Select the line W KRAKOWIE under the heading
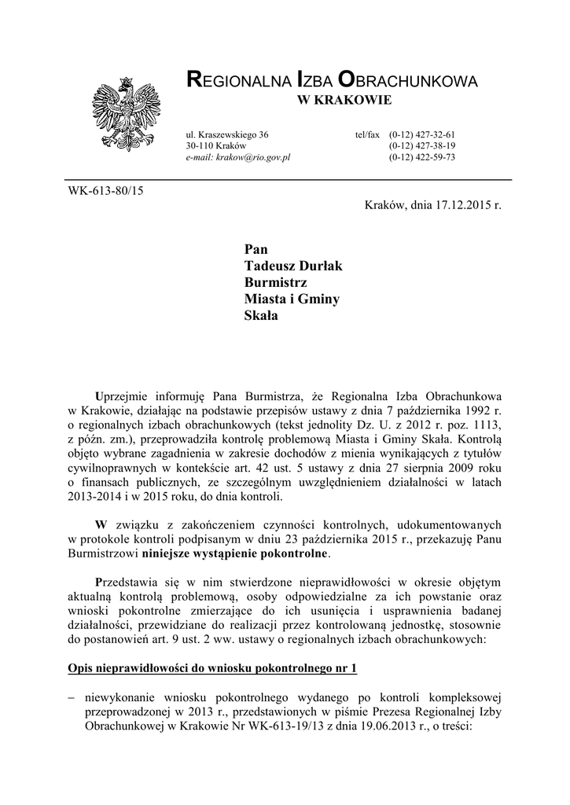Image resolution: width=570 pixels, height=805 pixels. (x=342, y=101)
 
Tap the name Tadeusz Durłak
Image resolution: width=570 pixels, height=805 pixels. (x=294, y=266)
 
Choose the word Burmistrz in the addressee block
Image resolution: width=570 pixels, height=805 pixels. (x=275, y=282)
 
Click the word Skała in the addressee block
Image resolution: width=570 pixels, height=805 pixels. (x=262, y=317)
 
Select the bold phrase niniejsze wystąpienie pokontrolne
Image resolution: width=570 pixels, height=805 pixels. (x=236, y=553)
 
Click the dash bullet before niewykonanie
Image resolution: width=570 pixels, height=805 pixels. (x=72, y=697)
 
